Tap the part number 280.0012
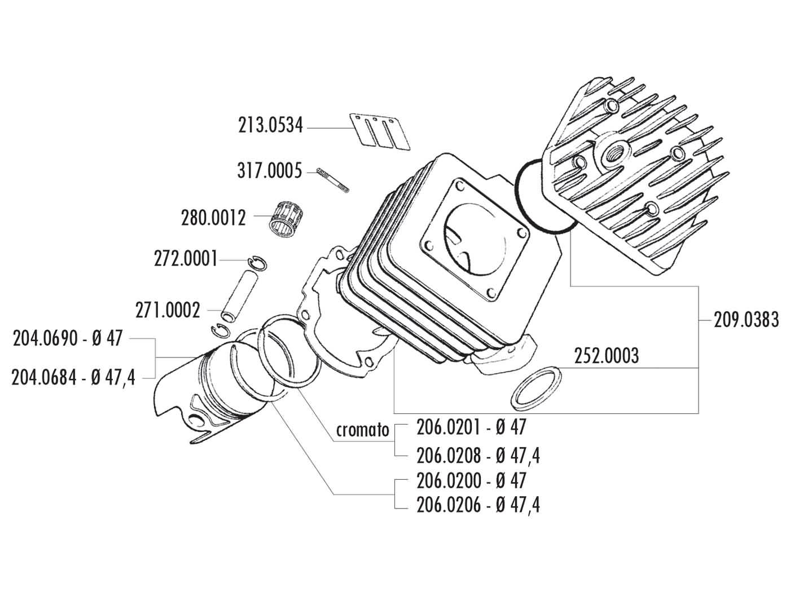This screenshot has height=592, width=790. [213, 217]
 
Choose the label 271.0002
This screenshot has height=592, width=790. [168, 310]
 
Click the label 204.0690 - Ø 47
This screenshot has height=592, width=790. [67, 339]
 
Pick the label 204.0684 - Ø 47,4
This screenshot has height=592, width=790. [73, 377]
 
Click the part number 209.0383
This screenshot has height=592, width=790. [746, 320]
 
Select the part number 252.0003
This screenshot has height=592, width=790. [606, 356]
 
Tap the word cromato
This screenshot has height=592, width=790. [363, 430]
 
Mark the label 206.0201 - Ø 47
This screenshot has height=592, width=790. [471, 427]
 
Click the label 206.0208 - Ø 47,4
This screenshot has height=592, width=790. [478, 454]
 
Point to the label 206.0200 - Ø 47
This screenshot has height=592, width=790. [471, 480]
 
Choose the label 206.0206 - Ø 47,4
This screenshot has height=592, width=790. [478, 505]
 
